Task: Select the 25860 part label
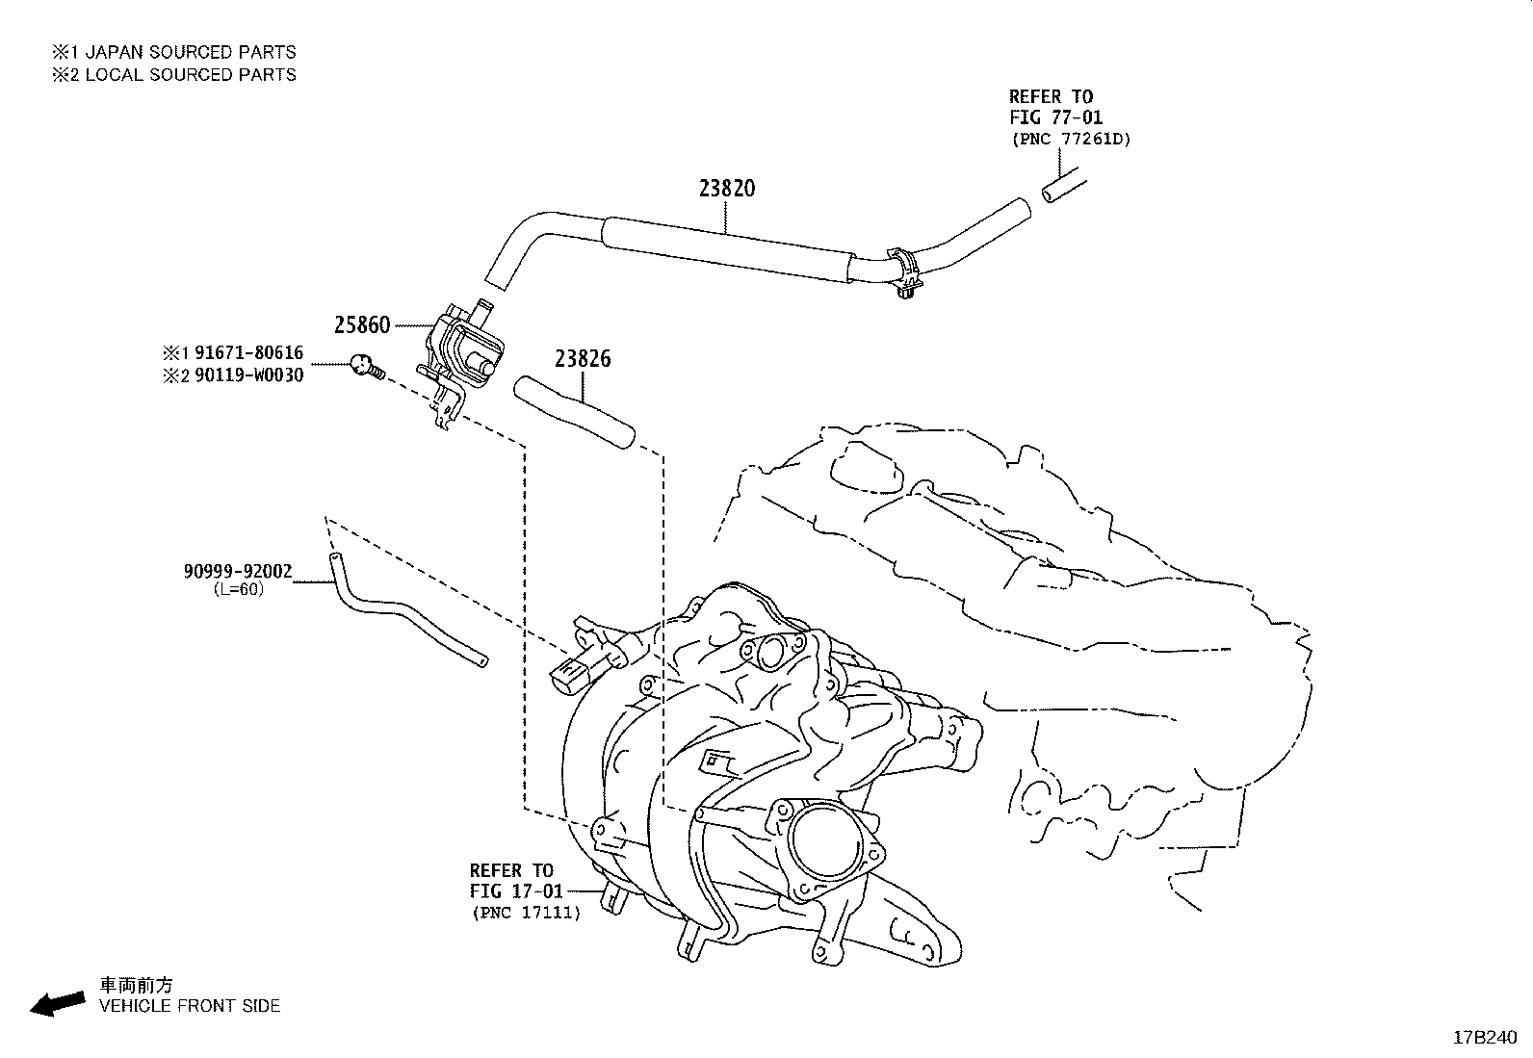pos(362,325)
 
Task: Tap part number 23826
pos(582,359)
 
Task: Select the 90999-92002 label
pos(237,572)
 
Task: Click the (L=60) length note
pos(238,589)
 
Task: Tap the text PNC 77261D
pos(1072,139)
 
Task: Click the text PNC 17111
pos(526,913)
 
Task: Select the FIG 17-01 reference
pos(516,891)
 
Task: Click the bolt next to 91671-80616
pos(365,365)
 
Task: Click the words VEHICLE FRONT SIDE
pos(190,1006)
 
